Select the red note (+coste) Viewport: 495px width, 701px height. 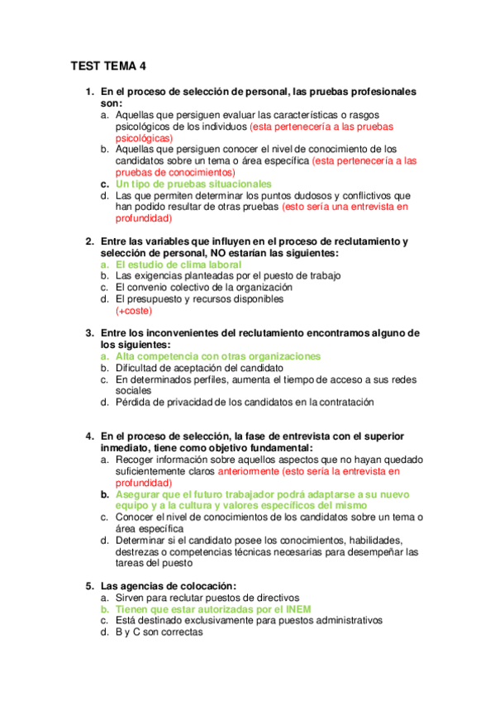[x=134, y=311]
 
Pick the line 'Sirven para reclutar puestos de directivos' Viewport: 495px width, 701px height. [x=207, y=597]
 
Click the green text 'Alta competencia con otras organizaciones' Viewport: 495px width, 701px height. [x=218, y=356]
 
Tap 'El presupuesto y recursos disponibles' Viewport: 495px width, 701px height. [x=199, y=298]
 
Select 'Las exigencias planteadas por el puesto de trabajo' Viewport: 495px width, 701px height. [x=228, y=275]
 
